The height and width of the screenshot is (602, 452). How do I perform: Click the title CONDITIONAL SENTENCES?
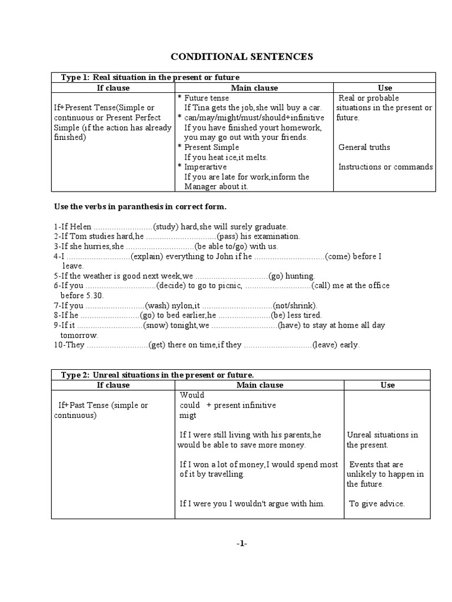pyautogui.click(x=242, y=56)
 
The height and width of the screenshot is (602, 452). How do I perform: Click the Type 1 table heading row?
pyautogui.click(x=150, y=78)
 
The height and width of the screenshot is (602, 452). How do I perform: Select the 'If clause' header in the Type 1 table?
pyautogui.click(x=113, y=88)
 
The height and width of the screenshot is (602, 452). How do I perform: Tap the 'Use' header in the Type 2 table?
pyautogui.click(x=387, y=385)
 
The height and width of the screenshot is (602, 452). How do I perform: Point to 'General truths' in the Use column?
pyautogui.click(x=364, y=147)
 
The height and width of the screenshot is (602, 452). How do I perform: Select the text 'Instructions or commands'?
pyautogui.click(x=385, y=167)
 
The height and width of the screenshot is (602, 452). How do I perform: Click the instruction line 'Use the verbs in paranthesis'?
pyautogui.click(x=140, y=207)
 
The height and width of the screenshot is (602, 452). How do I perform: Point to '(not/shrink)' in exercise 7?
pyautogui.click(x=294, y=306)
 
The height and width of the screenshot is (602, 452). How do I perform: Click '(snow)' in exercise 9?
pyautogui.click(x=156, y=325)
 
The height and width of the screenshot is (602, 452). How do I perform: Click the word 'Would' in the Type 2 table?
pyautogui.click(x=192, y=395)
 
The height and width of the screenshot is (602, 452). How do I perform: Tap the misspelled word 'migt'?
pyautogui.click(x=188, y=415)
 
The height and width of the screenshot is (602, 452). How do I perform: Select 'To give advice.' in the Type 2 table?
pyautogui.click(x=377, y=504)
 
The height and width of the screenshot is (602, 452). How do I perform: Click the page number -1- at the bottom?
pyautogui.click(x=242, y=544)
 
